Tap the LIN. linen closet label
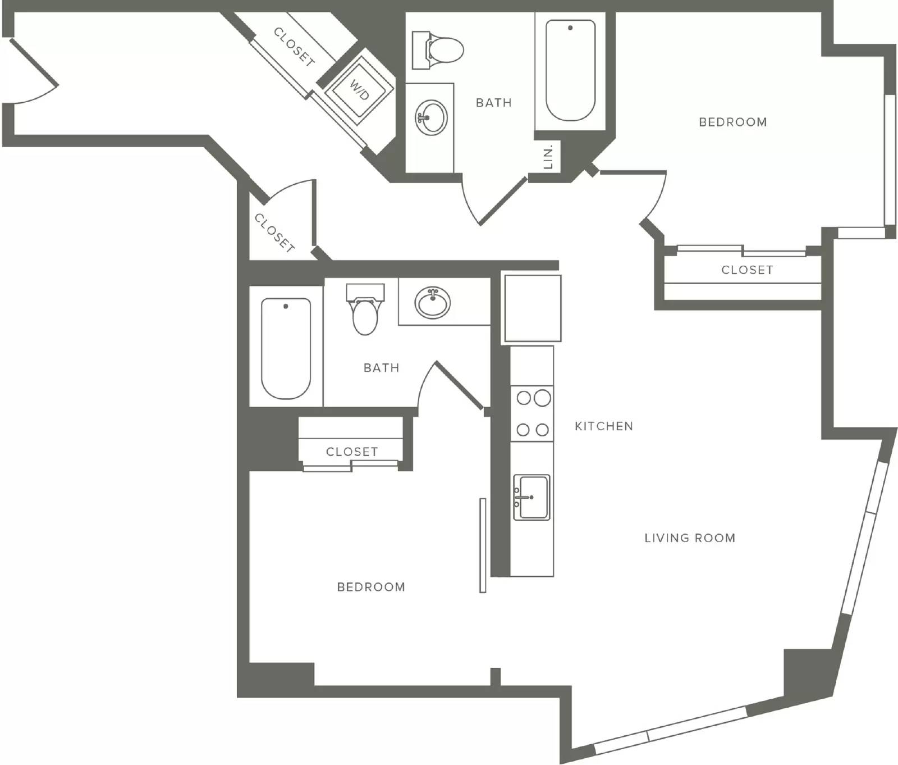pyautogui.click(x=549, y=157)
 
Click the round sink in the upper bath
pyautogui.click(x=431, y=117)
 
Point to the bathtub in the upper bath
pyautogui.click(x=570, y=71)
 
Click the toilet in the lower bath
pyautogui.click(x=365, y=309)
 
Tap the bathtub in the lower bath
pyautogui.click(x=286, y=348)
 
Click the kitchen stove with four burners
pyautogui.click(x=532, y=413)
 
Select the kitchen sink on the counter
pyautogui.click(x=532, y=497)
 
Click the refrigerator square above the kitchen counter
pyautogui.click(x=532, y=308)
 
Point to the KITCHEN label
pyautogui.click(x=604, y=426)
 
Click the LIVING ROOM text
pyautogui.click(x=690, y=538)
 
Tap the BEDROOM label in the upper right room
pyautogui.click(x=733, y=122)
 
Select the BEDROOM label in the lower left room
pyautogui.click(x=371, y=587)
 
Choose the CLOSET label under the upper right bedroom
pyautogui.click(x=747, y=270)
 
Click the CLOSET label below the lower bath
pyautogui.click(x=352, y=452)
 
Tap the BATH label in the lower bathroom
pyautogui.click(x=382, y=368)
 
